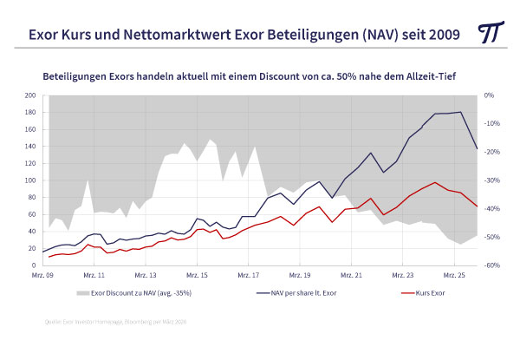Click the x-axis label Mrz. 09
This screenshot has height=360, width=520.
tap(43, 273)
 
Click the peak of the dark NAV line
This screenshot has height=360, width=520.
tap(459, 112)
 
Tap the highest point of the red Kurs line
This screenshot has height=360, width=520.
tap(434, 183)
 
